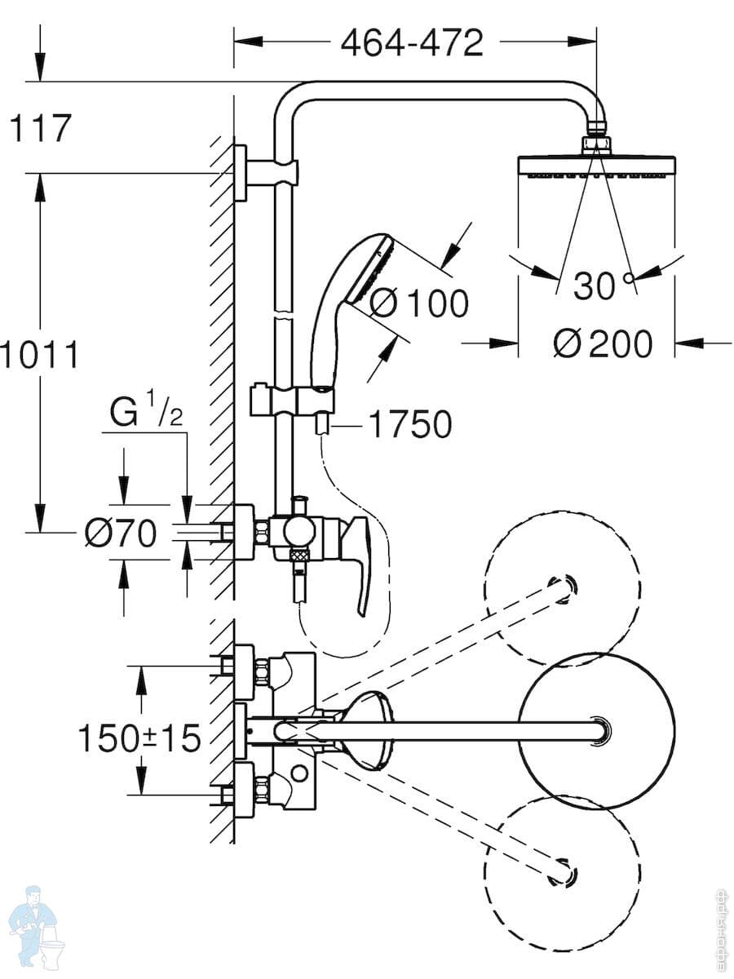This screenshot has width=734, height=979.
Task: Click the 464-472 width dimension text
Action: tap(412, 42)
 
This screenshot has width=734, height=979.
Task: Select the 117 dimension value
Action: tap(40, 128)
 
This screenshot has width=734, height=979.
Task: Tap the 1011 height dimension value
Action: tap(40, 355)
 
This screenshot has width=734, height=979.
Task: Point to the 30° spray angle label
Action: tap(603, 286)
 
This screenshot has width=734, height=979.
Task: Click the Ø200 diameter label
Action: tap(603, 343)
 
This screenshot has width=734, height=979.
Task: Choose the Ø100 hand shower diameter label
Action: tap(419, 303)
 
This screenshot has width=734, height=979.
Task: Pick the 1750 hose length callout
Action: tap(410, 424)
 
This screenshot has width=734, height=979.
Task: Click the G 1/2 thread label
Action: tap(147, 413)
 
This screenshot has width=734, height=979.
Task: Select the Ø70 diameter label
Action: tap(121, 533)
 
